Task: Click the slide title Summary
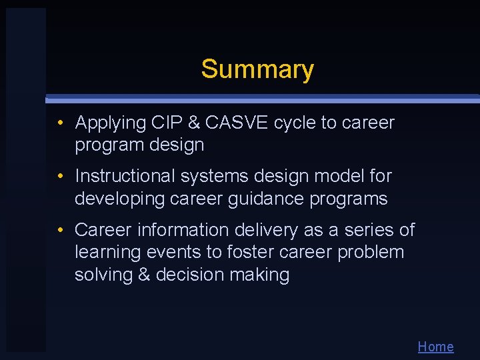click(257, 69)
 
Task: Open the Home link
click(435, 347)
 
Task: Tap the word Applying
click(111, 123)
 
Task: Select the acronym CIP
click(167, 123)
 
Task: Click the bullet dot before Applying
click(60, 123)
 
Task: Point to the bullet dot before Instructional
click(60, 176)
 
